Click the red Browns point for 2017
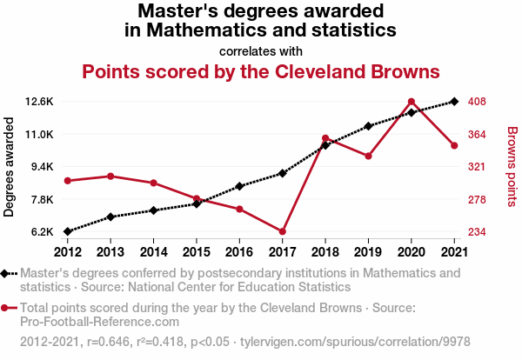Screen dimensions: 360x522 click(x=283, y=231)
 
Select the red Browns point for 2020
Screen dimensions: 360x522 click(x=411, y=102)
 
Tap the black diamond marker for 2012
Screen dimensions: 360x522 click(x=68, y=231)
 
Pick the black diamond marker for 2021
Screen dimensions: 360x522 click(x=454, y=102)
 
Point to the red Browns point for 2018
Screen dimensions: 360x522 click(x=325, y=138)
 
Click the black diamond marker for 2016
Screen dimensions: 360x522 click(x=240, y=186)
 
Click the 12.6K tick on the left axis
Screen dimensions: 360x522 click(x=39, y=102)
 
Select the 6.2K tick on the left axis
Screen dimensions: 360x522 click(x=43, y=232)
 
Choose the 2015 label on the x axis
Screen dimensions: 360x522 click(x=197, y=252)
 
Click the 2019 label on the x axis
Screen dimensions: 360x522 click(x=368, y=252)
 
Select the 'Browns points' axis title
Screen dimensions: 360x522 click(x=512, y=166)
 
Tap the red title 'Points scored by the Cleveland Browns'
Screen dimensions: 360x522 click(x=260, y=70)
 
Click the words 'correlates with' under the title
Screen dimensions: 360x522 click(x=260, y=50)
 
